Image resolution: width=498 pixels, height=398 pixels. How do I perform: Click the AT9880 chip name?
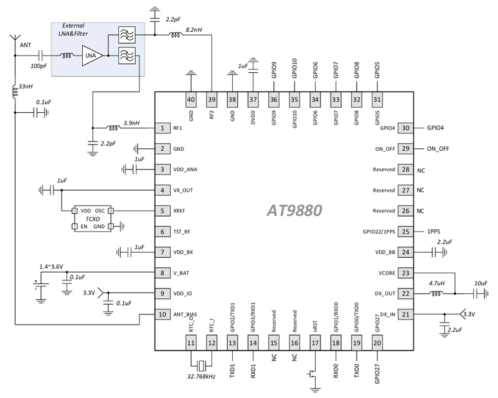point(294,210)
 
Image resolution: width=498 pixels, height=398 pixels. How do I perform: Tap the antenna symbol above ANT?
point(15,39)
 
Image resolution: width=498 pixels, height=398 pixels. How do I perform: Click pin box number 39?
point(212,100)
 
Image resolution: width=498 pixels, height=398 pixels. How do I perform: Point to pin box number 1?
point(162,128)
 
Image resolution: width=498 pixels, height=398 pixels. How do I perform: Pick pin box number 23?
point(406,273)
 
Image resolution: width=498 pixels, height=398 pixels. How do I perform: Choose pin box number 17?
point(315,343)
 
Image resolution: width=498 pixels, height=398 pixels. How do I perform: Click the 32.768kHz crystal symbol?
point(201,366)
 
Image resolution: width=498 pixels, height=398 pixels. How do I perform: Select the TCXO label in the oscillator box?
point(92,219)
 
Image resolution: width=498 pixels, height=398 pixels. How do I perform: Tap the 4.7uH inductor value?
point(437,283)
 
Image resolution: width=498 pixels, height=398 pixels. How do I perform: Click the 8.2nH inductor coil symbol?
point(175,35)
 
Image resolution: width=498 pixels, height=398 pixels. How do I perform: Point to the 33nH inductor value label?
point(26,86)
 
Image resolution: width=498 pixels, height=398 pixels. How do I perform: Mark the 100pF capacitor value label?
point(39,66)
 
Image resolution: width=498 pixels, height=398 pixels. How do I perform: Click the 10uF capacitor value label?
point(481,283)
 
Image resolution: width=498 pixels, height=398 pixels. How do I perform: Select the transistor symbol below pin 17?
point(312,374)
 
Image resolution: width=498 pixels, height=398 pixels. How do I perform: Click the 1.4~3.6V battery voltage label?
point(52,267)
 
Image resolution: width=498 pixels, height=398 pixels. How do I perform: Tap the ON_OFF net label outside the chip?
point(438,148)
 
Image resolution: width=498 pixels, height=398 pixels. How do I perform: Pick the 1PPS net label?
point(433,232)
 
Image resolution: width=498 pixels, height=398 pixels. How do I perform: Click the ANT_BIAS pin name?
point(185,315)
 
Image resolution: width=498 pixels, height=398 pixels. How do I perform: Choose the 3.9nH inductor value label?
point(131,123)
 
